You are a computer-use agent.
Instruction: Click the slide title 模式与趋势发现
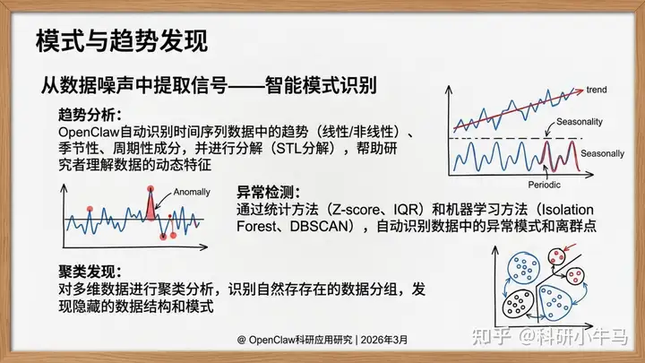(122, 40)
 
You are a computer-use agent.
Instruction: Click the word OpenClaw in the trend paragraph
(89, 132)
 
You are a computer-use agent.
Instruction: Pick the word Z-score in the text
(357, 210)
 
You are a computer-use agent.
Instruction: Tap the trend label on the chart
(597, 90)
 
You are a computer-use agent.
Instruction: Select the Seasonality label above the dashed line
(580, 122)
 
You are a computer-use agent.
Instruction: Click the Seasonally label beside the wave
(602, 154)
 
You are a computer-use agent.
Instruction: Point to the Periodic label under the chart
(545, 185)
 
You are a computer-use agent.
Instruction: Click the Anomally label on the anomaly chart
(192, 192)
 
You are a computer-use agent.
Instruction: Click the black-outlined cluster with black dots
(519, 303)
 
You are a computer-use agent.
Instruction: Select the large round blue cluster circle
(523, 268)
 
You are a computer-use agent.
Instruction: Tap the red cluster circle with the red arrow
(557, 257)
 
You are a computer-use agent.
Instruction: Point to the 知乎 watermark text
(492, 337)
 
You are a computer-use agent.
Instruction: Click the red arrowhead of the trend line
(580, 91)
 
